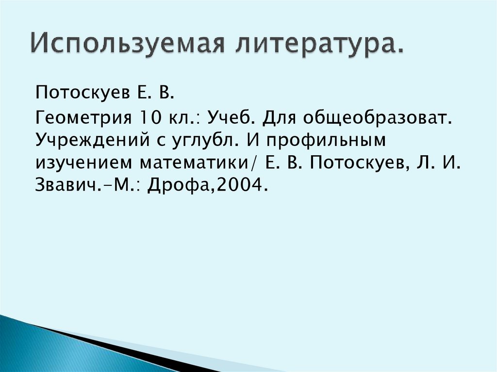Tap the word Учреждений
[97, 141]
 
